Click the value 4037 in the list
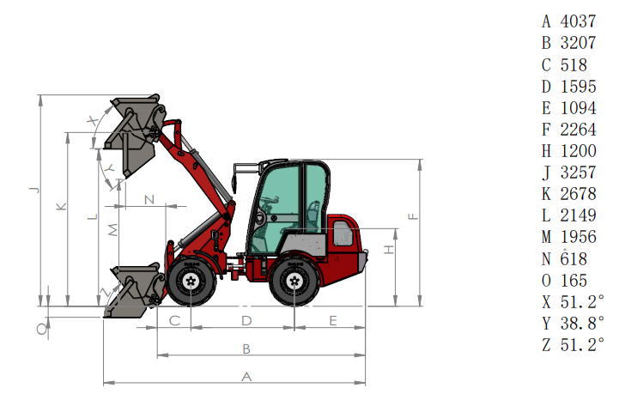[578, 21]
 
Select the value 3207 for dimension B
[578, 43]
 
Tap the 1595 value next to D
[578, 87]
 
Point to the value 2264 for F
[578, 130]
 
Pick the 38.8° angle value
[582, 323]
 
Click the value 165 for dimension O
[573, 281]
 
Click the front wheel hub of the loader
[191, 282]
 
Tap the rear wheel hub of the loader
[294, 282]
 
